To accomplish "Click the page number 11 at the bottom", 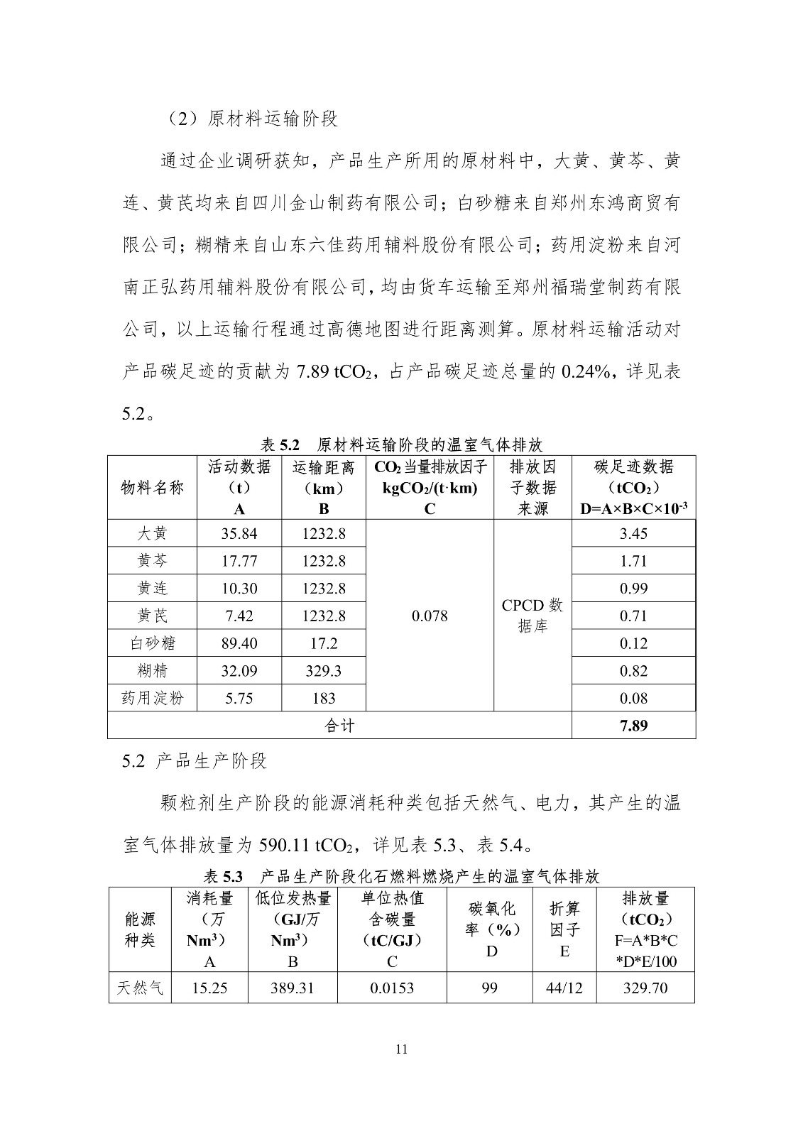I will (x=401, y=1049).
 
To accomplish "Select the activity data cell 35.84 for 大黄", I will (x=239, y=534).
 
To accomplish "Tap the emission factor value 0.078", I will (x=430, y=616).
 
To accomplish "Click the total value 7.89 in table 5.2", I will (x=633, y=726).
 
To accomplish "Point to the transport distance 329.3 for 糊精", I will (x=324, y=671).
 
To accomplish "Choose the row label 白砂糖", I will (x=153, y=643).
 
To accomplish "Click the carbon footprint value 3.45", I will (x=633, y=534).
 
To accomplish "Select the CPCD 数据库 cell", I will (x=532, y=616).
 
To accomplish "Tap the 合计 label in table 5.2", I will (x=339, y=726).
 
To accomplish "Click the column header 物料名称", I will (x=153, y=488).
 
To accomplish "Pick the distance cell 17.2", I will (x=324, y=643).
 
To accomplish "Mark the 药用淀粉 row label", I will (x=153, y=698).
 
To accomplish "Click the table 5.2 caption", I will (x=401, y=445).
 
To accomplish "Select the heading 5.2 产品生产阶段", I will (x=195, y=761).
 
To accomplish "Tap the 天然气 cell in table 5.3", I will (x=140, y=988).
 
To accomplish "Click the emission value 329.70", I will (x=645, y=988).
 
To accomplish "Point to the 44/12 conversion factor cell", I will (x=564, y=988).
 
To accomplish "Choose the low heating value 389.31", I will (x=293, y=988).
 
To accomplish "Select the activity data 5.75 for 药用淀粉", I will (x=239, y=698).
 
